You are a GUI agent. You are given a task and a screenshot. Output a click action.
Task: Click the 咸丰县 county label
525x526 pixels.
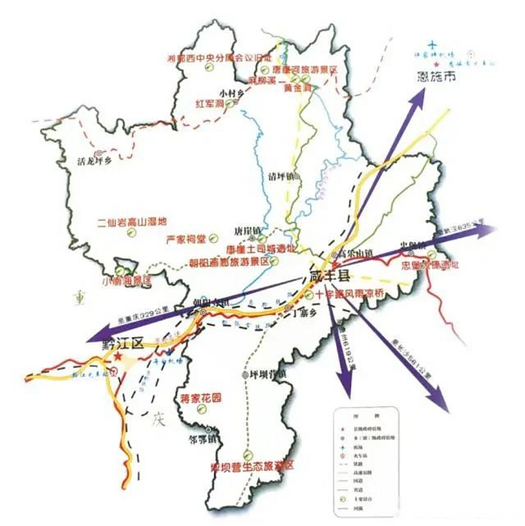pos(329,276)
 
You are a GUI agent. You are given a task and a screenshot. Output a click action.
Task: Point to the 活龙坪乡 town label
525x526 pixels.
pos(94,161)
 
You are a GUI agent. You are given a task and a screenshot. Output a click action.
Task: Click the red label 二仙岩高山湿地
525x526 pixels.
pos(132,222)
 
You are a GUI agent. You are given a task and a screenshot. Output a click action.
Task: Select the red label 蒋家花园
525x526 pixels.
pos(201,398)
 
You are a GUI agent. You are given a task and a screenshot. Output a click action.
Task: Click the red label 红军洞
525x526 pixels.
pos(210,104)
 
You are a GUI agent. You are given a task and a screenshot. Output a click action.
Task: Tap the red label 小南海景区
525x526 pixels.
pos(127,281)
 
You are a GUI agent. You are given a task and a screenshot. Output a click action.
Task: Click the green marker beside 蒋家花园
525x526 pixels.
pos(202,409)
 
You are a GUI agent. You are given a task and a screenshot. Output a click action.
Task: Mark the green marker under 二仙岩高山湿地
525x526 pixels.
pos(131,233)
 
